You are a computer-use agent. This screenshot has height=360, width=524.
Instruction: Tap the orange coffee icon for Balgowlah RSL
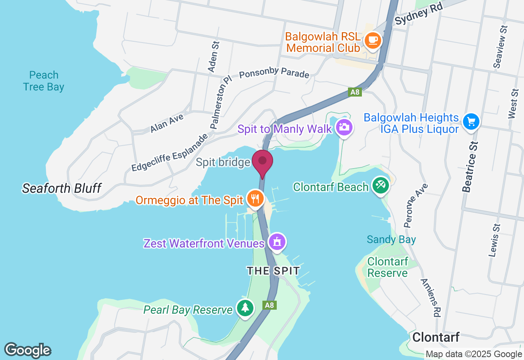pos(373,40)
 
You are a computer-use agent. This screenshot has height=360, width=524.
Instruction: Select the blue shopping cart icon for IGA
pos(471,122)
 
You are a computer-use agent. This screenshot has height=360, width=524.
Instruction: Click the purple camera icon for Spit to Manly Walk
pos(344,127)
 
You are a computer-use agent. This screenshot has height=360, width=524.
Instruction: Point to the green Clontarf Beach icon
pos(380,185)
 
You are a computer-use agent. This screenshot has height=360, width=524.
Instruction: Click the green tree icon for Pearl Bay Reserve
pos(245,308)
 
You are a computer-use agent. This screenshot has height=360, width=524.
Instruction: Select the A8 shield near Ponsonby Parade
pos(355,92)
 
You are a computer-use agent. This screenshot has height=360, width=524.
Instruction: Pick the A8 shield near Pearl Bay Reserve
pos(269,305)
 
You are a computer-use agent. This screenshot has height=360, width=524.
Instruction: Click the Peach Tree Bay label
pos(43,81)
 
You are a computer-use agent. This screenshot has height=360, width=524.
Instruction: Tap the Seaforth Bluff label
pos(61,188)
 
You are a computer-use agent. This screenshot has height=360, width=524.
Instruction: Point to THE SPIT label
pos(273,271)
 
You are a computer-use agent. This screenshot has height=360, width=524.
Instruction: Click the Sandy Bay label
pos(391,240)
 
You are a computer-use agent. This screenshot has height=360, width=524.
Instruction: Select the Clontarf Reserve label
pos(388,267)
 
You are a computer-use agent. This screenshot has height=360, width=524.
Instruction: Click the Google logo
pos(27,350)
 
